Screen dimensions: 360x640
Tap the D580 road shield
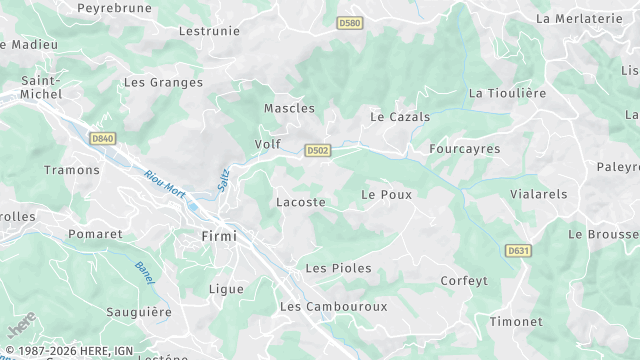(x=350, y=23)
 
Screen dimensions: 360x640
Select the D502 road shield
(x=318, y=150)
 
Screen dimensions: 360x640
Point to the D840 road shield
(x=101, y=139)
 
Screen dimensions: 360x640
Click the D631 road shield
(x=517, y=250)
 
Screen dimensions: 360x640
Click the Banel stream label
(x=144, y=272)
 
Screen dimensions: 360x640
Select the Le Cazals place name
(x=400, y=117)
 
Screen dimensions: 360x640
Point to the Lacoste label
(x=300, y=202)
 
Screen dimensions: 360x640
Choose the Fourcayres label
(x=464, y=149)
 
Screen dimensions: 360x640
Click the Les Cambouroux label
(x=333, y=306)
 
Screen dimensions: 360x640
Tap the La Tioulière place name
(x=508, y=93)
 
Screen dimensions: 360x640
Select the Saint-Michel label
(x=41, y=87)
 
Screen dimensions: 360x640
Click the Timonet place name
(x=516, y=322)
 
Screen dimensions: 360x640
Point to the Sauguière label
(x=139, y=313)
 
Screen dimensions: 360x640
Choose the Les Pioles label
(x=338, y=268)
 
